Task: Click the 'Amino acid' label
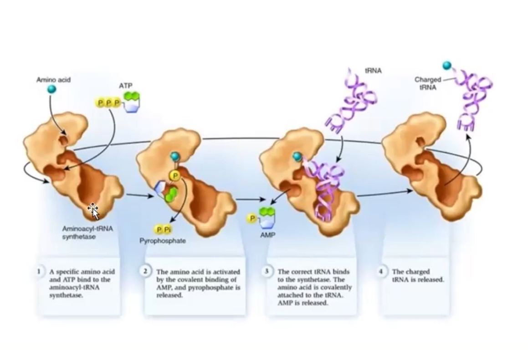pyautogui.click(x=53, y=80)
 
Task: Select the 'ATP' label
pyautogui.click(x=125, y=86)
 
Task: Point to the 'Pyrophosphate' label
pyautogui.click(x=163, y=241)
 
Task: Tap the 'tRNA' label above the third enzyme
pyautogui.click(x=373, y=71)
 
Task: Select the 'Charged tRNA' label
pyautogui.click(x=428, y=83)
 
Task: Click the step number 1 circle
pyautogui.click(x=40, y=271)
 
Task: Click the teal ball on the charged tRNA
pyautogui.click(x=447, y=66)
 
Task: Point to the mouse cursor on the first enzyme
pyautogui.click(x=93, y=211)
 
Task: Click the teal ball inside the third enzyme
pyautogui.click(x=297, y=157)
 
